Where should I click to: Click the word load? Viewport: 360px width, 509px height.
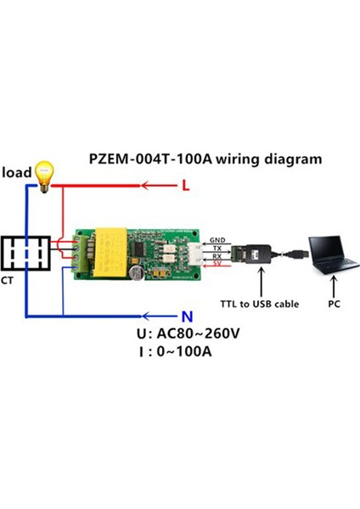[x=16, y=173]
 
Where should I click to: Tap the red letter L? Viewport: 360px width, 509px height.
[x=186, y=184]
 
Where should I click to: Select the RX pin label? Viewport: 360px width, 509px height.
[x=217, y=255]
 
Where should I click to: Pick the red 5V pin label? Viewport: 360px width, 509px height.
[x=217, y=264]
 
